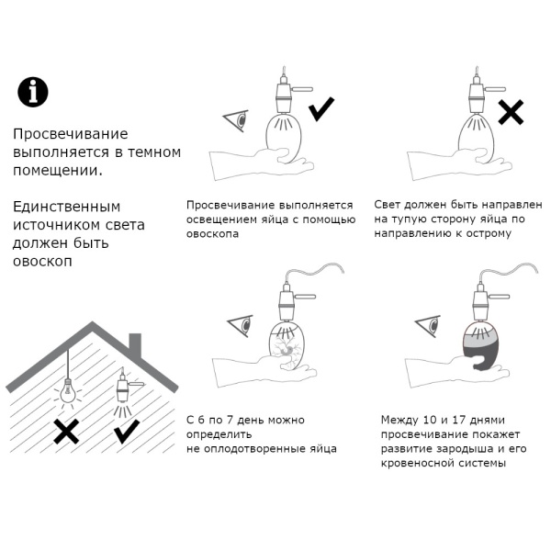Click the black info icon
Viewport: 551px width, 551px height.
pos(33,91)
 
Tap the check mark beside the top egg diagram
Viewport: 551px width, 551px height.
pos(321,111)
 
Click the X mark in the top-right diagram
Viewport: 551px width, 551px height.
pos(511,112)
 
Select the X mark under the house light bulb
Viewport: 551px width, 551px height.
pos(65,431)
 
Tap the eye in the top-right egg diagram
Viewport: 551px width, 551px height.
pos(426,119)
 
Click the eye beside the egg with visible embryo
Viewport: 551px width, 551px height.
pos(241,324)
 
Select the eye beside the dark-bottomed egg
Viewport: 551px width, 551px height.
pos(427,324)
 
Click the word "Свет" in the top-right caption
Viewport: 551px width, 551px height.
pos(389,204)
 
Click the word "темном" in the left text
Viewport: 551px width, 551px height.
pos(157,152)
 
